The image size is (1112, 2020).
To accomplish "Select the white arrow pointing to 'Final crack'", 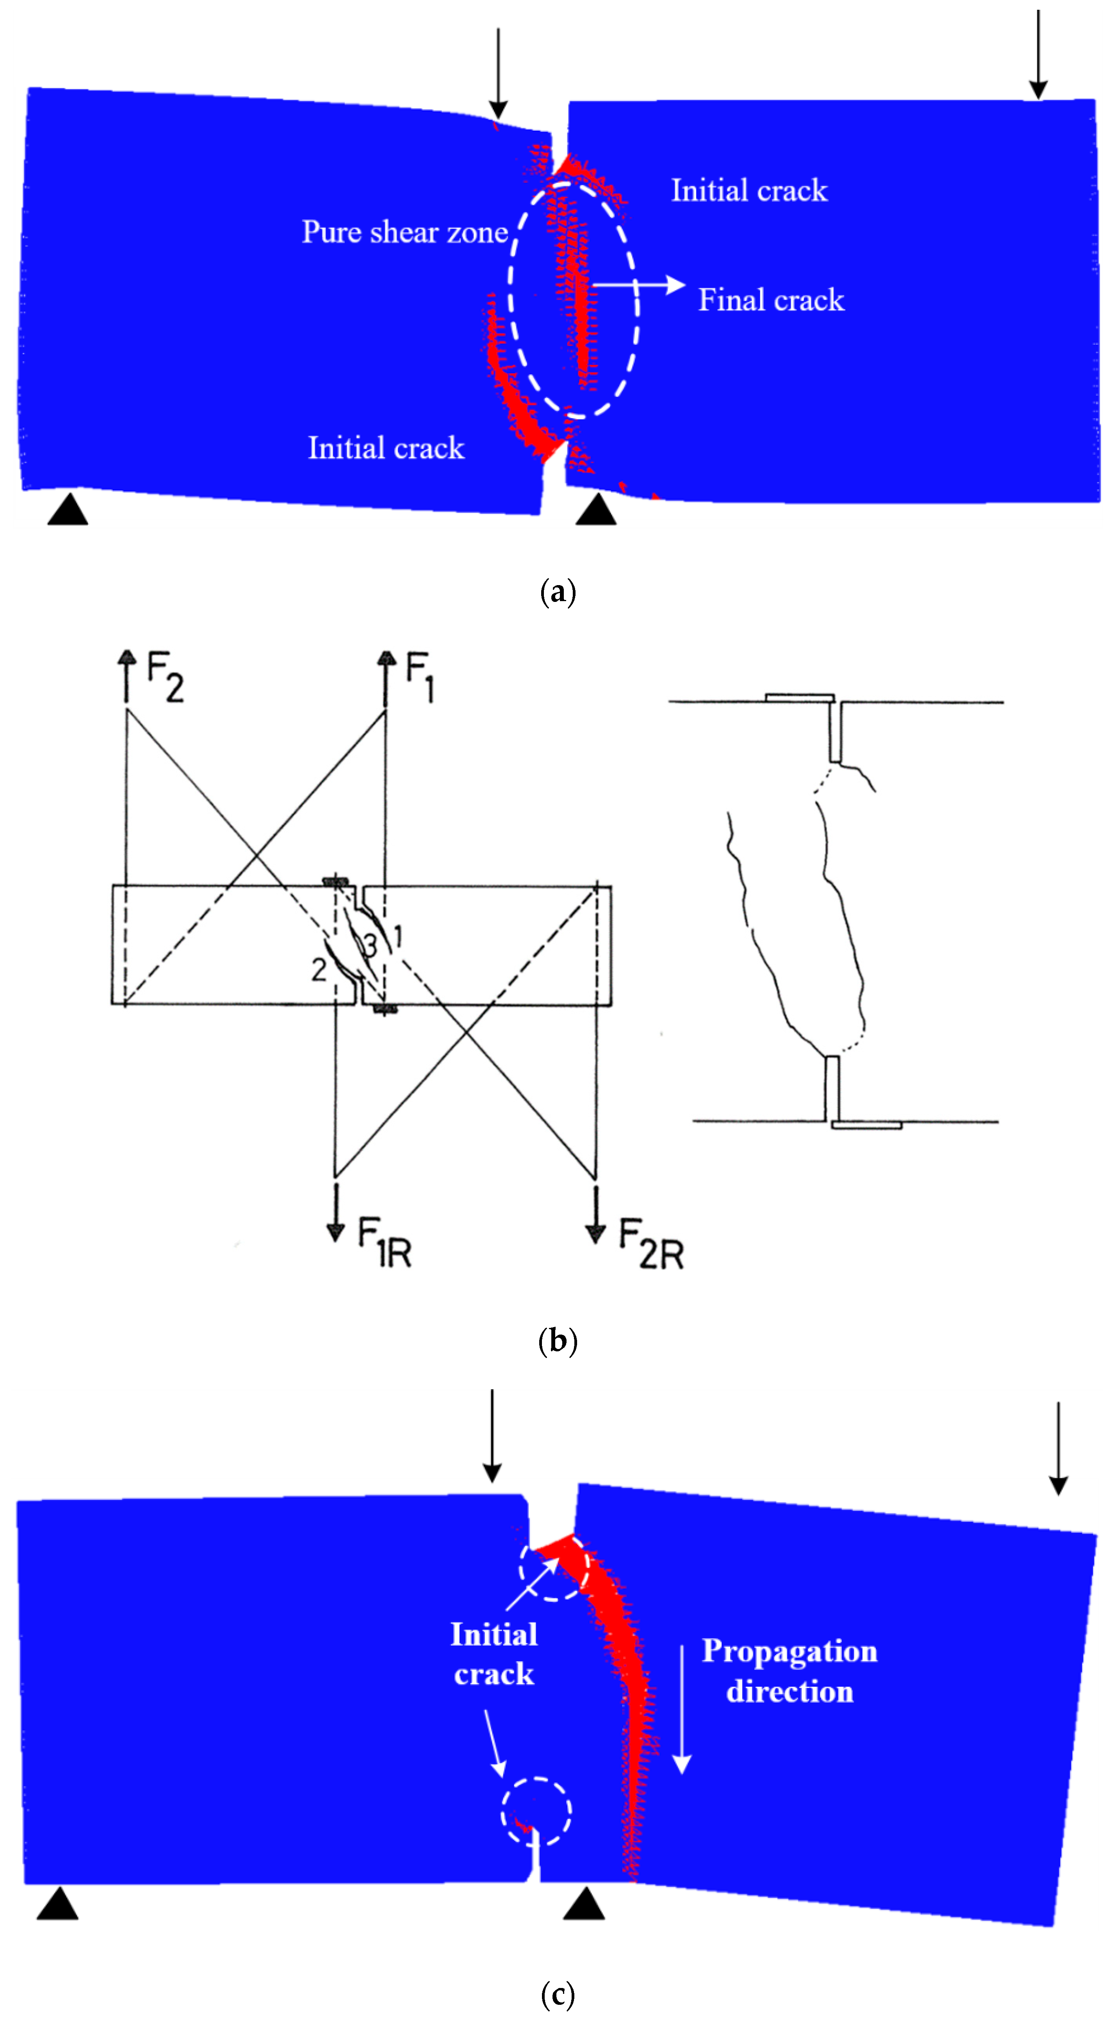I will tap(637, 285).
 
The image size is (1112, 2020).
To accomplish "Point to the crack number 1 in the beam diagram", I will tap(398, 936).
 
